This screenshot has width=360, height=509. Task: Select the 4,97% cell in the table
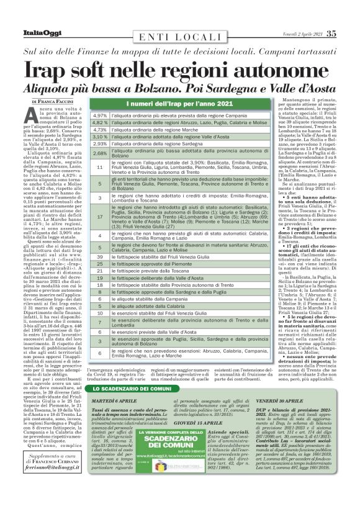(100, 115)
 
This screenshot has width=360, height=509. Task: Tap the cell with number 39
(100, 256)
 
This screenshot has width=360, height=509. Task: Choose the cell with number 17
(100, 217)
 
